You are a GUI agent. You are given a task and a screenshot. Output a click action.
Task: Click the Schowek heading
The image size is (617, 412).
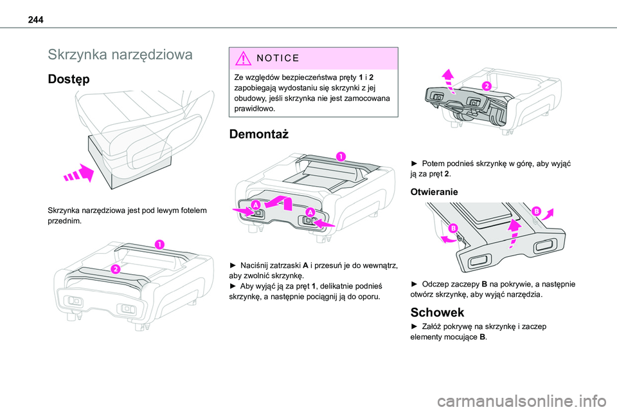pos(438,312)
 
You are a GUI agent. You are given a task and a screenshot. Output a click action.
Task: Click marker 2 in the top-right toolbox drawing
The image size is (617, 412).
pos(487,86)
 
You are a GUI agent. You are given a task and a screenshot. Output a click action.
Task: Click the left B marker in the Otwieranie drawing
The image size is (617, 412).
pos(453,229)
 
